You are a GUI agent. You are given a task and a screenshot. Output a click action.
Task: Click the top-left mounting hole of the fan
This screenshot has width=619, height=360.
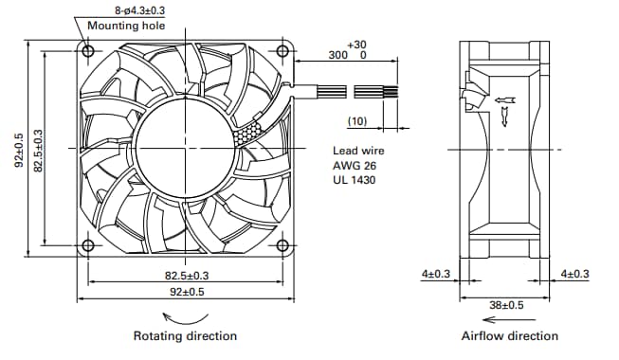point(88,48)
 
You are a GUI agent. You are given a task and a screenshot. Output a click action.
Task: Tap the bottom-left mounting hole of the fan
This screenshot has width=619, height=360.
point(88,246)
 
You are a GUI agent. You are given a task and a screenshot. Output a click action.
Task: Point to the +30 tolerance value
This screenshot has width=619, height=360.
point(356,45)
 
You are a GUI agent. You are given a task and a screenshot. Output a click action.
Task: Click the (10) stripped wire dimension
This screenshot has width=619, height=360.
point(356,121)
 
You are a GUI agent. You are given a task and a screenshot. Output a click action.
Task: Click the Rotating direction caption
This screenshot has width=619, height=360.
point(185,336)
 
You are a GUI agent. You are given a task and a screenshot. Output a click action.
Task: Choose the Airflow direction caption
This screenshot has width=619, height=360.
point(509,336)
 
